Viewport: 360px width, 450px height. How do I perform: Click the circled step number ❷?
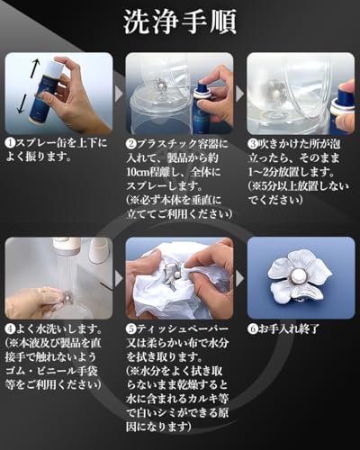(x=130, y=142)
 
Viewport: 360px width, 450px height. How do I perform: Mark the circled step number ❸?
(x=252, y=142)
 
